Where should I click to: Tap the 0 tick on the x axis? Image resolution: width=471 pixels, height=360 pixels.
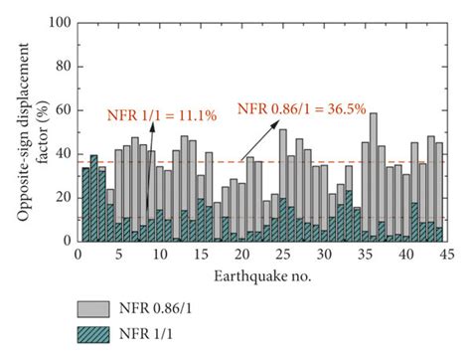point(78,254)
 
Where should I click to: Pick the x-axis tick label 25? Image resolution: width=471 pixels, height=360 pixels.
point(282,254)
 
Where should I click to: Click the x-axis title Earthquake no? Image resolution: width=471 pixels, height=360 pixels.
point(261,272)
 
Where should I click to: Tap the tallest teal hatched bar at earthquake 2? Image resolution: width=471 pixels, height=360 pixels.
point(93,199)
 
